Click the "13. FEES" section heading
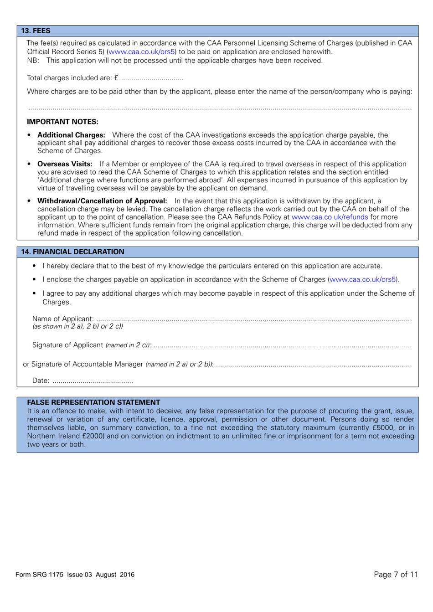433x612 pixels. (x=36, y=31)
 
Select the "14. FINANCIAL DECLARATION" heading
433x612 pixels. (x=72, y=252)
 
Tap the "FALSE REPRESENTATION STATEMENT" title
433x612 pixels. (x=93, y=402)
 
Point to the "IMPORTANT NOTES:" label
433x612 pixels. (x=62, y=122)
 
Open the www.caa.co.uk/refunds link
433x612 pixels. (x=330, y=217)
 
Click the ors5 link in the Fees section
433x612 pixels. (x=142, y=52)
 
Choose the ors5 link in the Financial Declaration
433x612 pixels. (x=362, y=279)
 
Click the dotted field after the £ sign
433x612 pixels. (x=151, y=79)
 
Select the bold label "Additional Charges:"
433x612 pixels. (x=71, y=135)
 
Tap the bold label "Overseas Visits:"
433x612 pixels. (x=65, y=164)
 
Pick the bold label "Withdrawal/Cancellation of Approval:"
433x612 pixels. (x=102, y=201)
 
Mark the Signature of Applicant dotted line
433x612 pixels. (x=282, y=346)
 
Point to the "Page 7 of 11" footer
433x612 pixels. (x=395, y=574)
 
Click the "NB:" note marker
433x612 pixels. (x=33, y=61)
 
